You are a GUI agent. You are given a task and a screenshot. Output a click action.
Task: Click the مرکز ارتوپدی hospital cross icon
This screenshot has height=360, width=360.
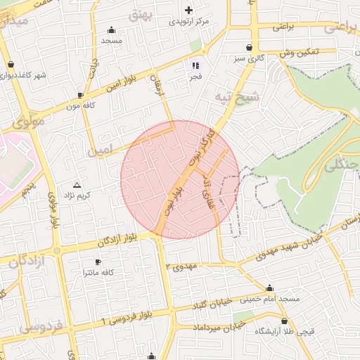coord(188,11)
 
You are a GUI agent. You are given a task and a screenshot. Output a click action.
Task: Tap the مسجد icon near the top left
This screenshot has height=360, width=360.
coord(111,30)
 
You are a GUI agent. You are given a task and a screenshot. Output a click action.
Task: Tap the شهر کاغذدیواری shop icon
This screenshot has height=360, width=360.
coord(11,64)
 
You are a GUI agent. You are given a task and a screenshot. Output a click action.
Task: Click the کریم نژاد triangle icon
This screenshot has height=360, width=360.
coord(77,184)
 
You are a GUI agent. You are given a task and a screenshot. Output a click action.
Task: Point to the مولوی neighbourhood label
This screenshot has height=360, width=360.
coord(27,122)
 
